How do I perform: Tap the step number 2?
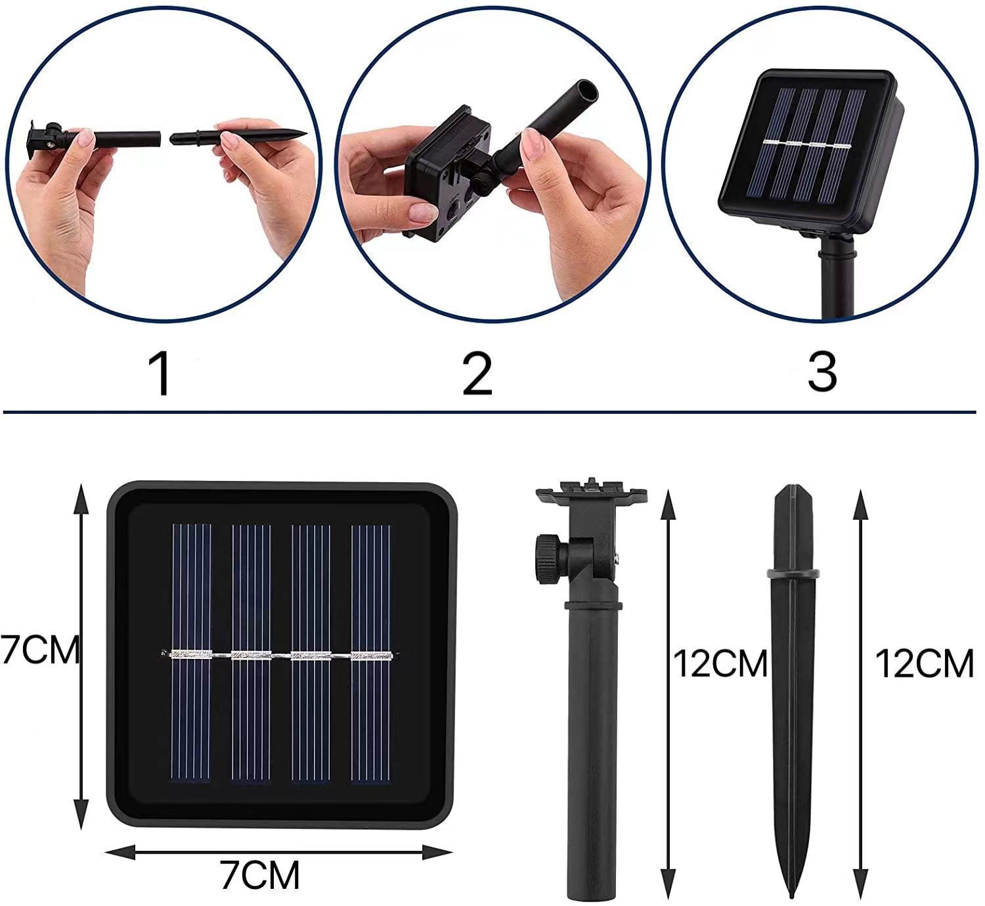point(477,373)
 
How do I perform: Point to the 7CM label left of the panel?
point(39,650)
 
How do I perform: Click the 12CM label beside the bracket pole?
point(720,664)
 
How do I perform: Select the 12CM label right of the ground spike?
point(924,664)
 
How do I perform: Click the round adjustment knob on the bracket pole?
point(548,559)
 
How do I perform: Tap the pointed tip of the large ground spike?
point(791,895)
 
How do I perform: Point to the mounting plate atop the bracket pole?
point(591,491)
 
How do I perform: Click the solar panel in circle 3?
point(810,150)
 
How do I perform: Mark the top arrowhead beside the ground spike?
point(860,505)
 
